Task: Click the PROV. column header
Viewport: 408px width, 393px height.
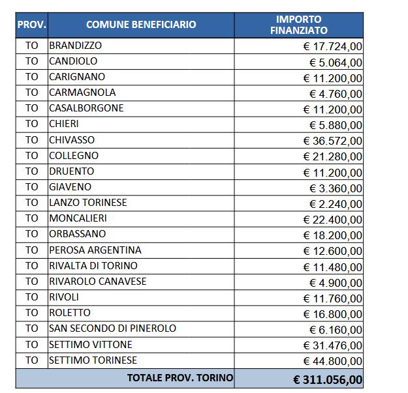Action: (x=31, y=25)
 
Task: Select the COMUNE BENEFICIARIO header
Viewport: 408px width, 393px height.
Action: (x=140, y=25)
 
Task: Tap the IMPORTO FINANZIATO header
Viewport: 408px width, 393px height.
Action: (x=298, y=25)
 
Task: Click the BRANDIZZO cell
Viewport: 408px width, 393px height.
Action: (x=75, y=46)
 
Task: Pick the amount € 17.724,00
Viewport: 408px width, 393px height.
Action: (x=333, y=46)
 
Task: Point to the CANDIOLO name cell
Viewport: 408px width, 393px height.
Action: (x=73, y=61)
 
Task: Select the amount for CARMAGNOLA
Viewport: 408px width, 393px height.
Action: (x=336, y=93)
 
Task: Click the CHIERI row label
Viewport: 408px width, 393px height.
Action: (x=64, y=124)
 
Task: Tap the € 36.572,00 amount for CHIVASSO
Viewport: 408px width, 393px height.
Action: (x=333, y=140)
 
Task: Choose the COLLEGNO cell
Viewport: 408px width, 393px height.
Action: (x=74, y=156)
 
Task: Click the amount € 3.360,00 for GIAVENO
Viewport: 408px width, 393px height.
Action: (x=336, y=188)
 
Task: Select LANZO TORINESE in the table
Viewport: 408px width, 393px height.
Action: (x=87, y=203)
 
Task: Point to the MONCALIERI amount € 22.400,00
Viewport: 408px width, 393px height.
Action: (x=333, y=219)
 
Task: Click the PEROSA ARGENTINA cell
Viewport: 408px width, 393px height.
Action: (x=95, y=250)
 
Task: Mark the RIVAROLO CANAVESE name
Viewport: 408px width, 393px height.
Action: (x=97, y=281)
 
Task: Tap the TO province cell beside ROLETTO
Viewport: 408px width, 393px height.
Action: (x=32, y=313)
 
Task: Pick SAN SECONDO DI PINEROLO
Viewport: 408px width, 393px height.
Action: (x=112, y=328)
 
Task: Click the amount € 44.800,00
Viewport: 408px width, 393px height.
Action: (x=333, y=360)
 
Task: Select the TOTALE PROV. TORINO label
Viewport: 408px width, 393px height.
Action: (x=180, y=377)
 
